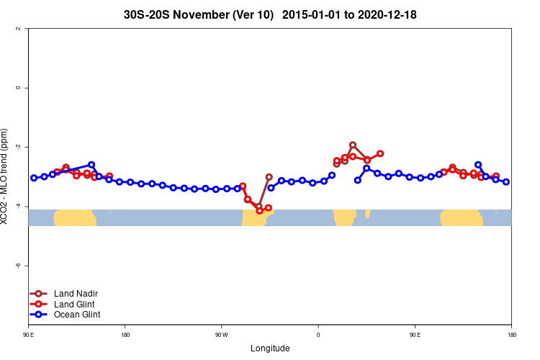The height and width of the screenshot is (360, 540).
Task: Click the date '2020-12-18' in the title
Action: (x=383, y=14)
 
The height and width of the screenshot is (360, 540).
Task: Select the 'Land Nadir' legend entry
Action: (x=76, y=293)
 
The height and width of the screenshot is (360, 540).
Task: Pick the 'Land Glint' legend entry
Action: (x=74, y=304)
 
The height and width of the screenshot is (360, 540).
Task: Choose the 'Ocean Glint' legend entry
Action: (x=77, y=314)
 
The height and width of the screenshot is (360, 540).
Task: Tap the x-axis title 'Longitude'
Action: (x=270, y=348)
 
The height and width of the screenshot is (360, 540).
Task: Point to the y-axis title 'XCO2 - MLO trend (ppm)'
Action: (x=6, y=176)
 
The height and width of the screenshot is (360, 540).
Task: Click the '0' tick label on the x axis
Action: (x=318, y=335)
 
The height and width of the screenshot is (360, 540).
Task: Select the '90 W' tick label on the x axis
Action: (x=220, y=335)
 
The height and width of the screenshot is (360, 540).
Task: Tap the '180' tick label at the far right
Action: (x=511, y=335)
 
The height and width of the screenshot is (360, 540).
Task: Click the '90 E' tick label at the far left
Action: (x=28, y=335)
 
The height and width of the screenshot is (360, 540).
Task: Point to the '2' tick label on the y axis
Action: (x=17, y=29)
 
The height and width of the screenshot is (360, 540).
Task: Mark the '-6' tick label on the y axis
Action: (x=17, y=266)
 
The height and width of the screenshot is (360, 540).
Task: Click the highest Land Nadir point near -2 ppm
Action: (x=353, y=145)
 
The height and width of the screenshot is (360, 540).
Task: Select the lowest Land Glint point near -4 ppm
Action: (x=259, y=211)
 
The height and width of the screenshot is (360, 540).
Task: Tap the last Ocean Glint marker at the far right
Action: (x=506, y=182)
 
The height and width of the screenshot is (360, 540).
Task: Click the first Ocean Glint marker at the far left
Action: (x=34, y=178)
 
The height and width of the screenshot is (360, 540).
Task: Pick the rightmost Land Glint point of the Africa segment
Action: (x=380, y=153)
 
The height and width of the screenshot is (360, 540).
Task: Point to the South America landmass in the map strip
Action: (x=256, y=217)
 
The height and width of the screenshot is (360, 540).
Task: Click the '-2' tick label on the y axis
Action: (x=17, y=147)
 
